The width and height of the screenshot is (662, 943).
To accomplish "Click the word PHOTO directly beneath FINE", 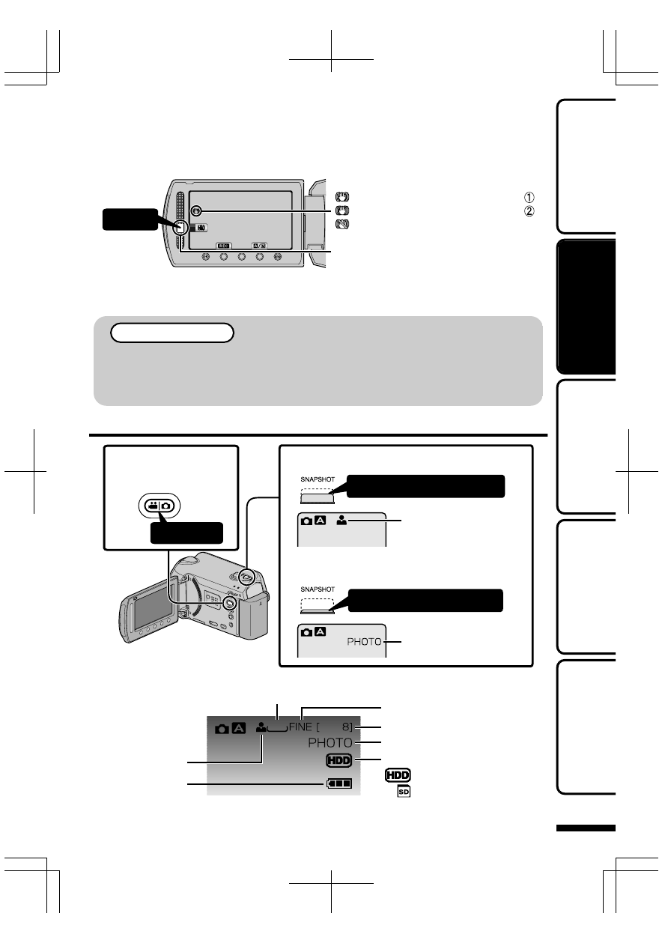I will (330, 743).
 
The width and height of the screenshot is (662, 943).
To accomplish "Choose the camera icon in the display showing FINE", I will (222, 728).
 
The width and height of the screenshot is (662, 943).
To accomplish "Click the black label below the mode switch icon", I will (186, 532).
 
